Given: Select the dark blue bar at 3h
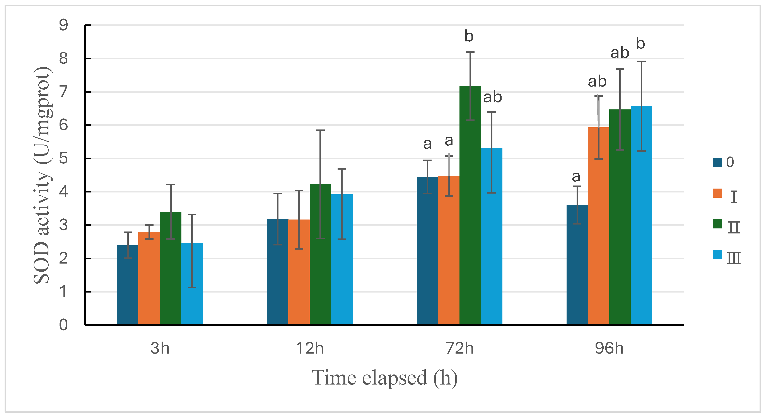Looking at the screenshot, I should [x=127, y=285].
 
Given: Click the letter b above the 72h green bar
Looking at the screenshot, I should [x=469, y=36].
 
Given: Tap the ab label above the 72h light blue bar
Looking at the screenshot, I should [x=492, y=97].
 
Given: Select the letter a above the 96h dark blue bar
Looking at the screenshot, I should [x=576, y=177].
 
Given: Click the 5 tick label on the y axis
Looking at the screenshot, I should [x=63, y=158].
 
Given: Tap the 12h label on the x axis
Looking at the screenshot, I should [x=309, y=348].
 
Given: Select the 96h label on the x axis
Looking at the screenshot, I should [x=609, y=348].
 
